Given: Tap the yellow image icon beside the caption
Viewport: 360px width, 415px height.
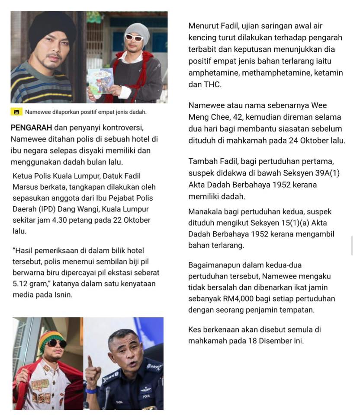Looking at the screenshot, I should pyautogui.click(x=16, y=112).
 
